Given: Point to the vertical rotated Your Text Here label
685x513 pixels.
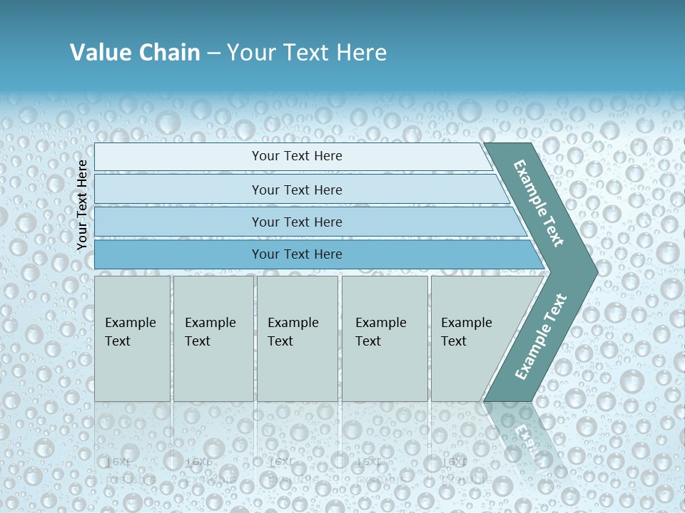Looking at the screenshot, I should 82,204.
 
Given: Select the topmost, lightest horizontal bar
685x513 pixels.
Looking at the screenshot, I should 214,157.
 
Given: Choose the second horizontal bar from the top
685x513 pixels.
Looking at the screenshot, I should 214,190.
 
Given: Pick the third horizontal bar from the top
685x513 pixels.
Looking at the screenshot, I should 214,222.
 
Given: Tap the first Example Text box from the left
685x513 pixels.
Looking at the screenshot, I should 132,338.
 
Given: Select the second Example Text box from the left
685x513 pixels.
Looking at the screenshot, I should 213,338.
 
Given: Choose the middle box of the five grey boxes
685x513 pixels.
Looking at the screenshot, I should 297,338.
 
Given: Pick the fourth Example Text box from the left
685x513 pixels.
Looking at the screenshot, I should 385,338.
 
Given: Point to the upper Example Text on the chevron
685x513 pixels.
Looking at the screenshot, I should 539,203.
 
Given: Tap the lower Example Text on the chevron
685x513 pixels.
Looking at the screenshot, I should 540,336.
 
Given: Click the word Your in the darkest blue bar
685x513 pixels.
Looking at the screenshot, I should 265,254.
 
